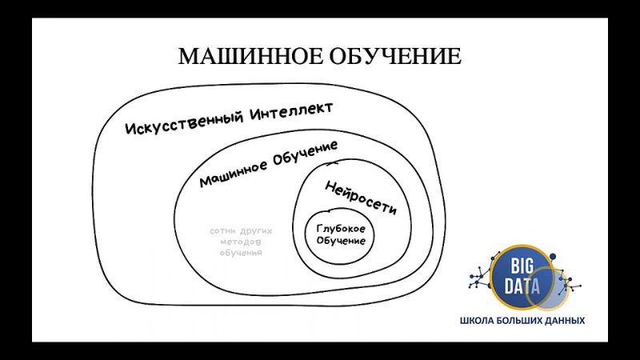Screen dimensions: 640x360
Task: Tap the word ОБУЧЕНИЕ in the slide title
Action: (395, 56)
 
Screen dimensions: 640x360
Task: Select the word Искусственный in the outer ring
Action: (185, 122)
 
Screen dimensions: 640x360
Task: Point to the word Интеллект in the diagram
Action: (291, 110)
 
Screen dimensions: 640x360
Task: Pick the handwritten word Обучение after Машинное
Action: (306, 153)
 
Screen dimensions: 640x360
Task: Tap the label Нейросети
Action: (361, 198)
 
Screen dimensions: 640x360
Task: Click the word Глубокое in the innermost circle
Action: (341, 229)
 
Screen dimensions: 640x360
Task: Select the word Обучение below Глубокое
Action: (341, 241)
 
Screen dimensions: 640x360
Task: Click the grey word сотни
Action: (222, 231)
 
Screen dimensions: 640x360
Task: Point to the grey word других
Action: (255, 232)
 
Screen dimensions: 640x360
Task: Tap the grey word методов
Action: (241, 242)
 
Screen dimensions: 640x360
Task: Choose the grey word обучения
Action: (241, 253)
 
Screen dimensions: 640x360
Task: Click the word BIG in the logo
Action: (522, 267)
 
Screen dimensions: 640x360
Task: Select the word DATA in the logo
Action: (522, 286)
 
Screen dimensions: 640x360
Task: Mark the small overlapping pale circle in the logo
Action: (566, 289)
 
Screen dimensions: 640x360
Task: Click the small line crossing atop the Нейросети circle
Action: (332, 163)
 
